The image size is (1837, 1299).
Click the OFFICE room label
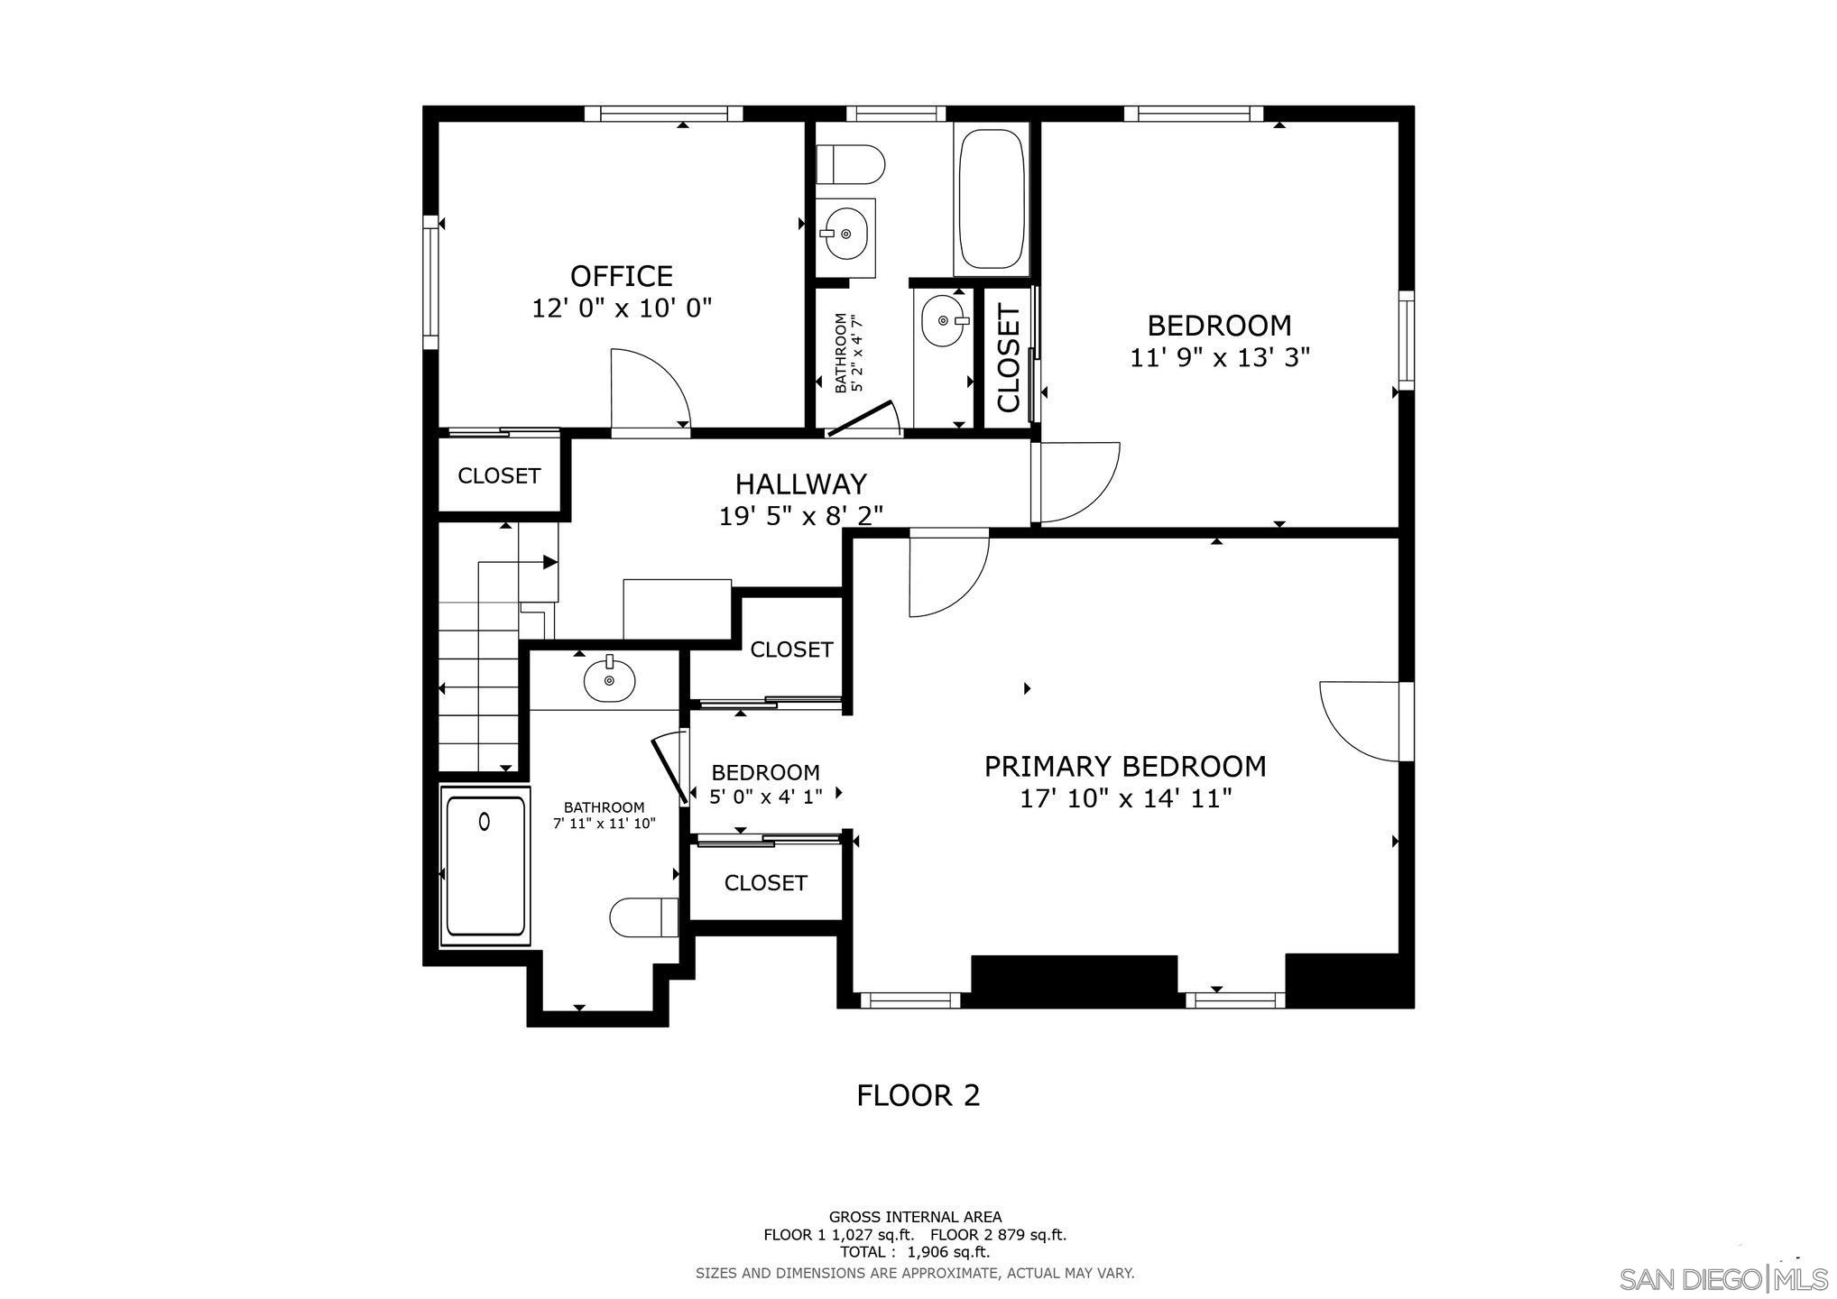(621, 276)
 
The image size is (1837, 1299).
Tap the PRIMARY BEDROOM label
(1124, 767)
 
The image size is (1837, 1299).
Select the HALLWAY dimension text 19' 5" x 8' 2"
(800, 516)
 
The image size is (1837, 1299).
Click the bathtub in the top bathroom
(992, 198)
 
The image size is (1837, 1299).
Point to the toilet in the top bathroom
(849, 165)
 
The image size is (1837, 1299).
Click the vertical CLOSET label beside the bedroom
(1008, 357)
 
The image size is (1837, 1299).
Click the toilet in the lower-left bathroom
(643, 917)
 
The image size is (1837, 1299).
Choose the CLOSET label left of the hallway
(499, 476)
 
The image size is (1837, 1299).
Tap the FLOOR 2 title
(918, 1095)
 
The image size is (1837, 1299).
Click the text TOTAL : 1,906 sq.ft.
(914, 1252)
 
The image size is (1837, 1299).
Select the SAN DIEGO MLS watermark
(1722, 1278)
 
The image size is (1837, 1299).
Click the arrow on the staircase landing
(549, 562)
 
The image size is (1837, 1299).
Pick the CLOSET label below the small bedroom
(765, 883)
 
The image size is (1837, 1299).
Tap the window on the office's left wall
(430, 281)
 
